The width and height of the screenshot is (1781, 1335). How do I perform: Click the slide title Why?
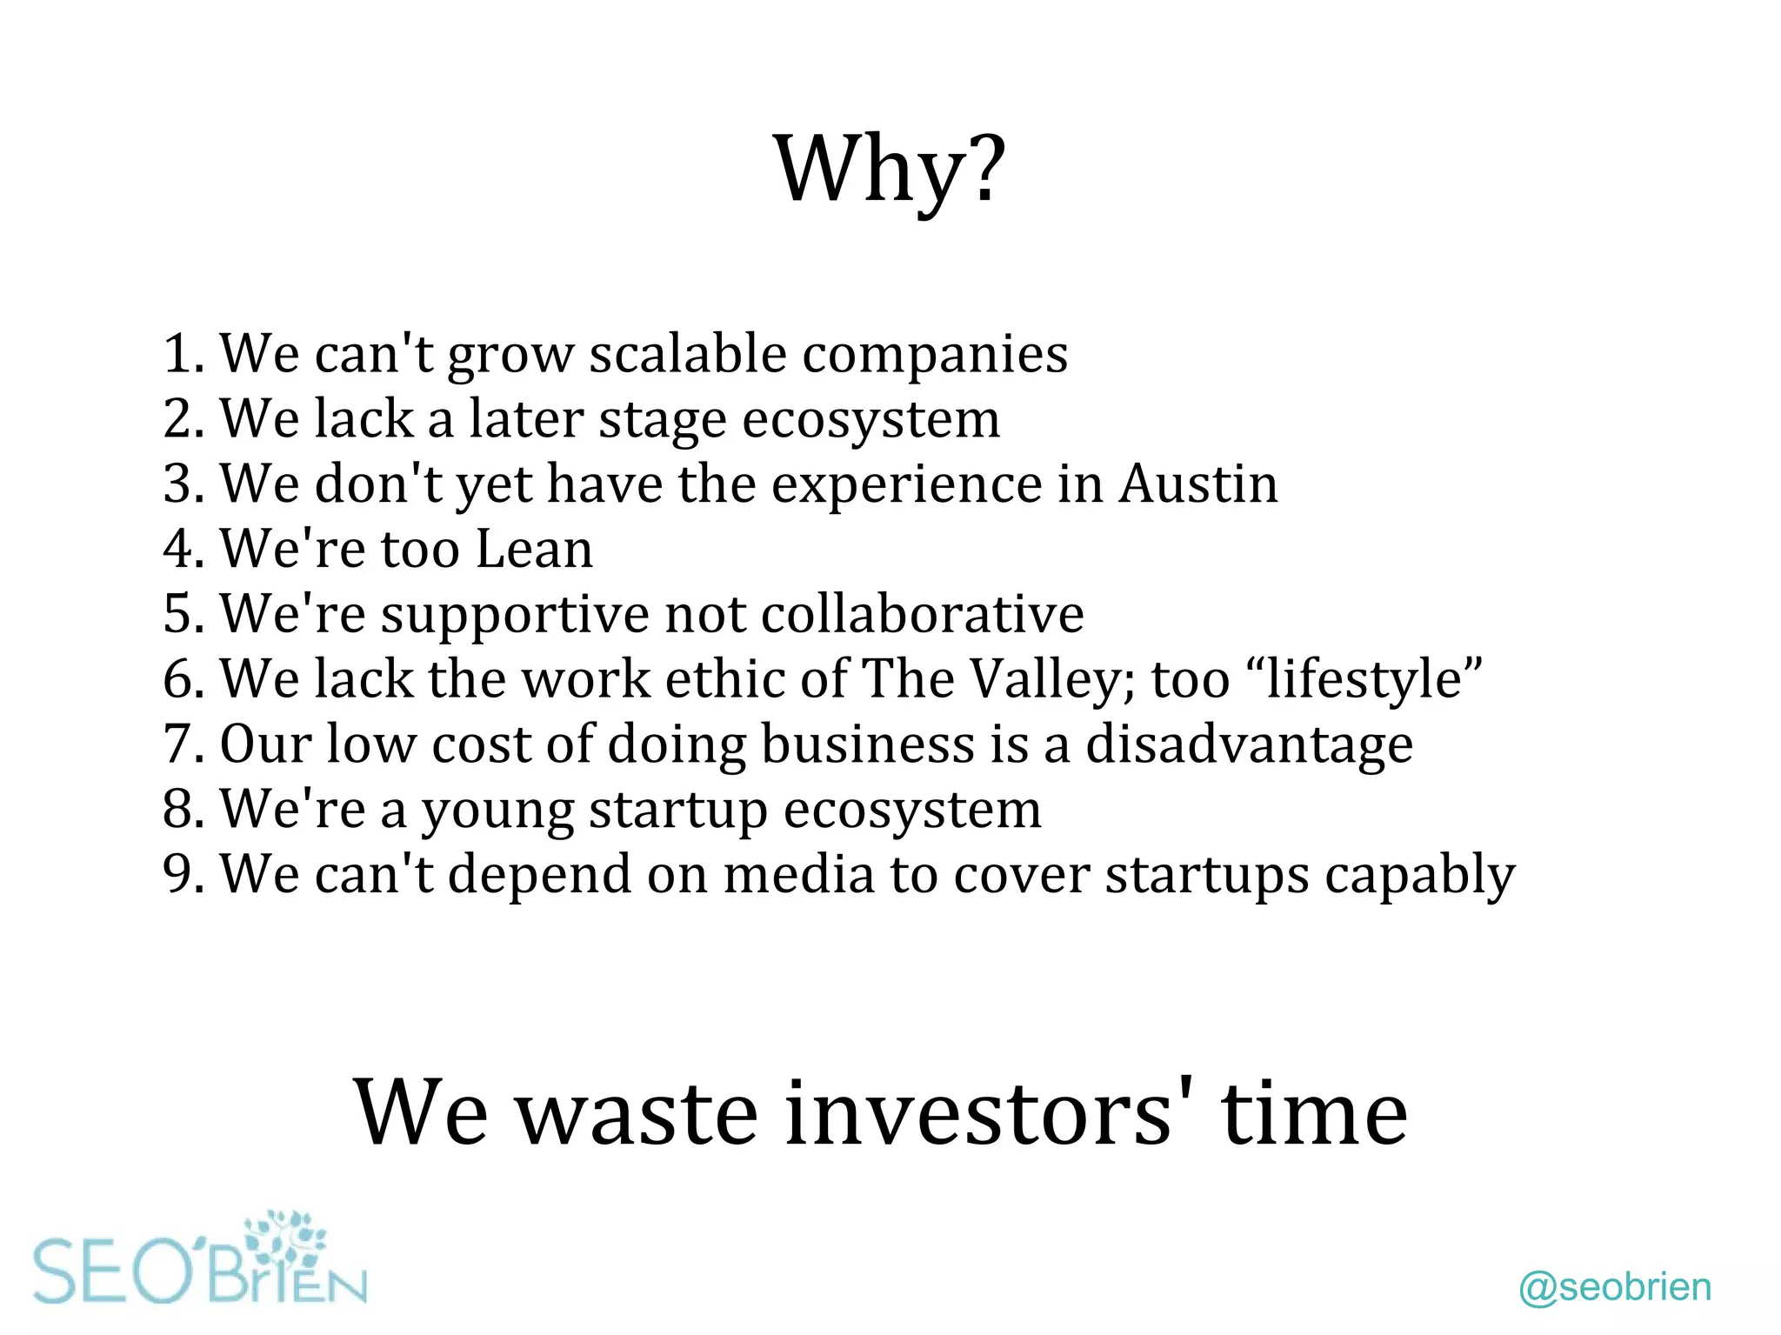pyautogui.click(x=889, y=169)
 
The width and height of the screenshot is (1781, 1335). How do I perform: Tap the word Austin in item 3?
pyautogui.click(x=1197, y=484)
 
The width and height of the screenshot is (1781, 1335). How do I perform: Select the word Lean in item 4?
pyautogui.click(x=534, y=549)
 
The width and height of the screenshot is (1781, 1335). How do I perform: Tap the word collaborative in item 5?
pyautogui.click(x=922, y=614)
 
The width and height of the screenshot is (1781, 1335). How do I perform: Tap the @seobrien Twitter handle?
pyautogui.click(x=1615, y=1287)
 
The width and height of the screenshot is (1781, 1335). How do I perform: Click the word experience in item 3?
pyautogui.click(x=906, y=485)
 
